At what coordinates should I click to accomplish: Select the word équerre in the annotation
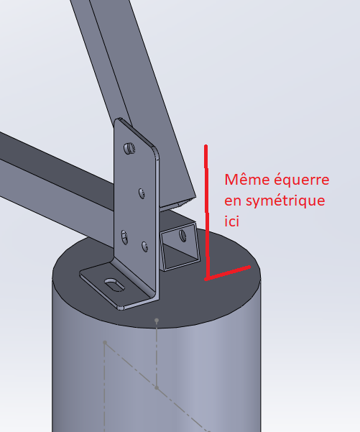pyautogui.click(x=302, y=180)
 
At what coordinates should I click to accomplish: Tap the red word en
pyautogui.click(x=233, y=201)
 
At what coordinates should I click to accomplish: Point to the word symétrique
pyautogui.click(x=285, y=201)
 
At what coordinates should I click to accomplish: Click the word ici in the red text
pyautogui.click(x=231, y=221)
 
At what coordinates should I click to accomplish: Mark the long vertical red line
pyautogui.click(x=206, y=211)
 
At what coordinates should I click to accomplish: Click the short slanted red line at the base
pyautogui.click(x=228, y=272)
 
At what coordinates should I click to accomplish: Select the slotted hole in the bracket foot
pyautogui.click(x=114, y=284)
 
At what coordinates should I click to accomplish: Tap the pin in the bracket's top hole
pyautogui.click(x=129, y=148)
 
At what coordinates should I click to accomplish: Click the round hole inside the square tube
pyautogui.click(x=183, y=235)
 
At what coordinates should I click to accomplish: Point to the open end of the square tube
pyautogui.click(x=180, y=247)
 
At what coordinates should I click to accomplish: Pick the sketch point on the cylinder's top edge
pyautogui.click(x=157, y=321)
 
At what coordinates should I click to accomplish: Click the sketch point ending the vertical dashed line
pyautogui.click(x=157, y=387)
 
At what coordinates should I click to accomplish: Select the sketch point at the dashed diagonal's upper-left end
pyautogui.click(x=105, y=342)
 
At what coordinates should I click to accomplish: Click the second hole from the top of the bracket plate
pyautogui.click(x=142, y=193)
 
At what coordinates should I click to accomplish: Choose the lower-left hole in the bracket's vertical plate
pyautogui.click(x=124, y=237)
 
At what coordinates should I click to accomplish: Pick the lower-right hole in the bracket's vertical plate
pyautogui.click(x=144, y=247)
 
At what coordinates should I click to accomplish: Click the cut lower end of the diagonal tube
pyautogui.click(x=177, y=204)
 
